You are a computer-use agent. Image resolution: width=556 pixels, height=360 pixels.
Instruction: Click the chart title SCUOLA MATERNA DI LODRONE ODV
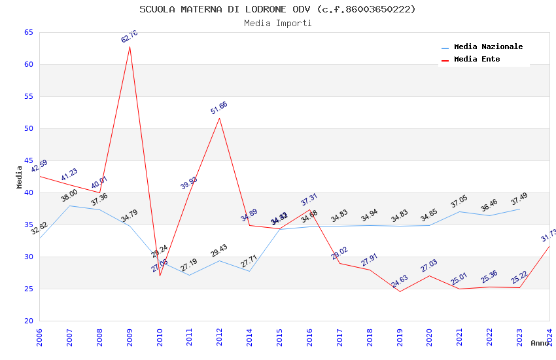point(277,9)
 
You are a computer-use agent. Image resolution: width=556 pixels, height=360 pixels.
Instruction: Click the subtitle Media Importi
point(277,23)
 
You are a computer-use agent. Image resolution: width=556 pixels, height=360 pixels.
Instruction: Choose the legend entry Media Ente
point(477,60)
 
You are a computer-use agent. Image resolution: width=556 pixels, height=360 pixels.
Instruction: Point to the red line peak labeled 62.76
point(130,46)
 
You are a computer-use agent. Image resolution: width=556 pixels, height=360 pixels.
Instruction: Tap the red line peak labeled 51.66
point(219,118)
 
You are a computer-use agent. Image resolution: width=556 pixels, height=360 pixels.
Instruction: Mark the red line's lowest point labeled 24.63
point(400,291)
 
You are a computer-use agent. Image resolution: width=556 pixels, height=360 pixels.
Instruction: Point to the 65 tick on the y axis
point(28,32)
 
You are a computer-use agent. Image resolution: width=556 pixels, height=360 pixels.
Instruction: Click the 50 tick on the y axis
point(28,128)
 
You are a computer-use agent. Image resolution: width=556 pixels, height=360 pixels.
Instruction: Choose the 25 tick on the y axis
point(28,289)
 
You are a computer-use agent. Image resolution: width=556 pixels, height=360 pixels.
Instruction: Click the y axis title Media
point(19,177)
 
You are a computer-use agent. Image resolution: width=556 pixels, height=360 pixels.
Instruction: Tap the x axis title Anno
point(540,343)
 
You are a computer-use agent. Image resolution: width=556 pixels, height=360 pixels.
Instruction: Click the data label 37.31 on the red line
point(309,200)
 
